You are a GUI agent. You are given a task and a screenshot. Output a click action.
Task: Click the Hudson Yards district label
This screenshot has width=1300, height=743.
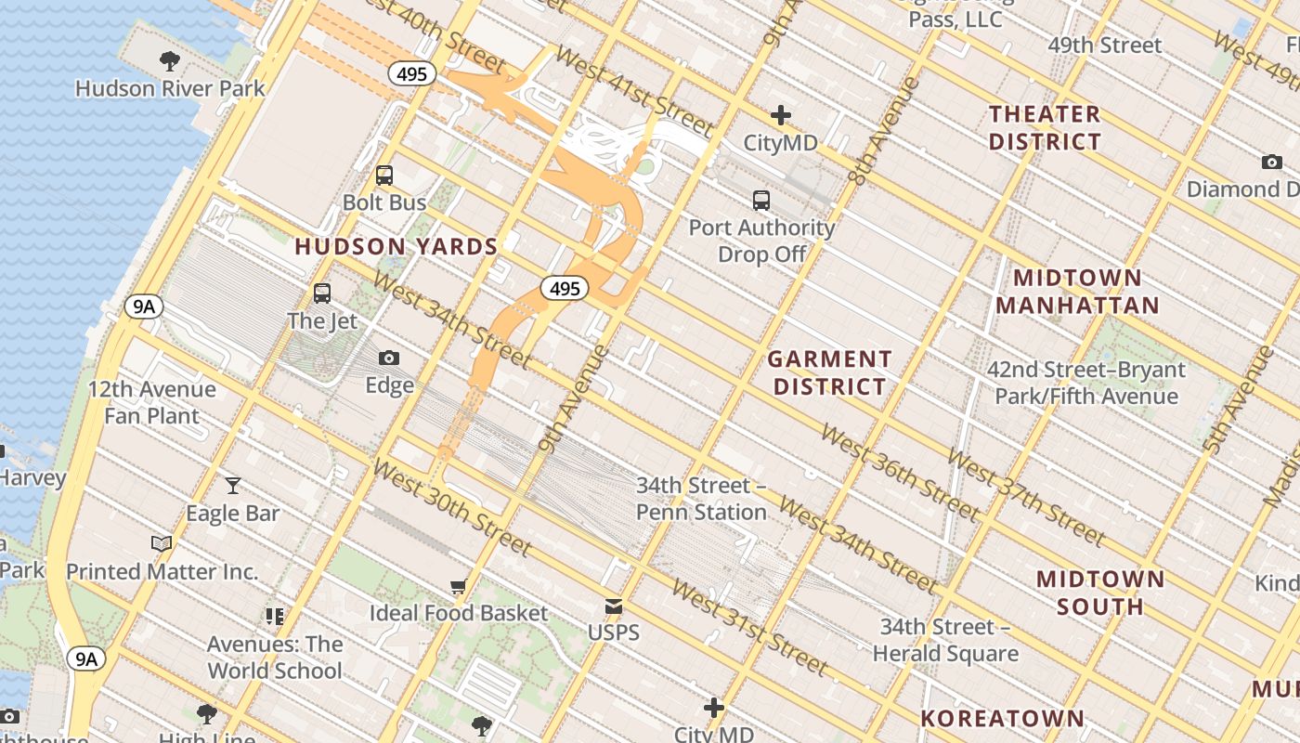point(396,247)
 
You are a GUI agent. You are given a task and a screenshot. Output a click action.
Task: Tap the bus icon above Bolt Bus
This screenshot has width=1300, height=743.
point(384,175)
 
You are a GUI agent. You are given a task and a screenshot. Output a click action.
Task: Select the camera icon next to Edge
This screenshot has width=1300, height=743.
point(389,358)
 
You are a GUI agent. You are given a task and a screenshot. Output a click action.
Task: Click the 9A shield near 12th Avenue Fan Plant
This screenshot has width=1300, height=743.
point(144,307)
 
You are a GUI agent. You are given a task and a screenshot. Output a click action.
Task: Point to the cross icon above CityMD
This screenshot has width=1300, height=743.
point(781,115)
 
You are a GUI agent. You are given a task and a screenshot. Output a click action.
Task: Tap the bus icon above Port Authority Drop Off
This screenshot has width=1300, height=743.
point(761,200)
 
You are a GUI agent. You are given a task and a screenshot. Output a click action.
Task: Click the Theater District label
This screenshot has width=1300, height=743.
point(1045,128)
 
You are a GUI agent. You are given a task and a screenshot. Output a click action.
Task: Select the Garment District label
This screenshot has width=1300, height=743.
point(830,372)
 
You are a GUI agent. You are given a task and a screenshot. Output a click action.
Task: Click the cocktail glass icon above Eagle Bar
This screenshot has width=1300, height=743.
point(233,486)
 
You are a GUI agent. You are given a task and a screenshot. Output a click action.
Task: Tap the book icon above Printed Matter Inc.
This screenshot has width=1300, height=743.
point(162,544)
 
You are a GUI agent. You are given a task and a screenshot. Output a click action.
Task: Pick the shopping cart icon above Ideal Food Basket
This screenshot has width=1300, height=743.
point(458,586)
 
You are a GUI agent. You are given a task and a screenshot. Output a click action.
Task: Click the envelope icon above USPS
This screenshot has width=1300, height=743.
point(614,606)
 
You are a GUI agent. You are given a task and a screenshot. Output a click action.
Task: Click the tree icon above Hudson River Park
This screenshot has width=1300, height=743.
point(170,61)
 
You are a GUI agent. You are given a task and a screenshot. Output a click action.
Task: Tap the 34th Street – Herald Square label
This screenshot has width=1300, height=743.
point(945,640)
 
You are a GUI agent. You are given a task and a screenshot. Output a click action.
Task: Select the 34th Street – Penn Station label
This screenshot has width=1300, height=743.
point(701,499)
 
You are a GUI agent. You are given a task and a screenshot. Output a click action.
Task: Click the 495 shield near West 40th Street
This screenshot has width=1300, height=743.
point(412,74)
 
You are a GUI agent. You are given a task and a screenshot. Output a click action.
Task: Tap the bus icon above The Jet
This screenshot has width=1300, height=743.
point(322,293)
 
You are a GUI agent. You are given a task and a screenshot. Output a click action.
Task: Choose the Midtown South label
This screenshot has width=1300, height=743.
point(1100,593)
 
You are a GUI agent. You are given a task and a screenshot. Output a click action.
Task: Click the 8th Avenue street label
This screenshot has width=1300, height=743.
point(883,130)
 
